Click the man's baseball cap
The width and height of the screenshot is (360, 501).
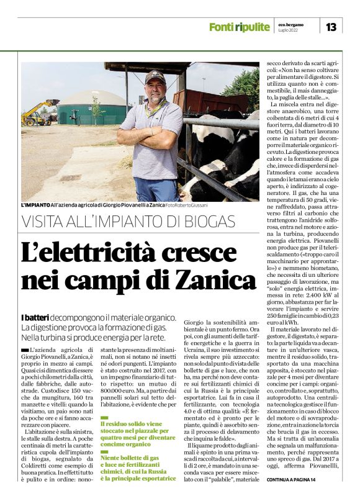point(155,77)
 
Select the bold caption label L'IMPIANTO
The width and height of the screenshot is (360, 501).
point(35,205)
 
